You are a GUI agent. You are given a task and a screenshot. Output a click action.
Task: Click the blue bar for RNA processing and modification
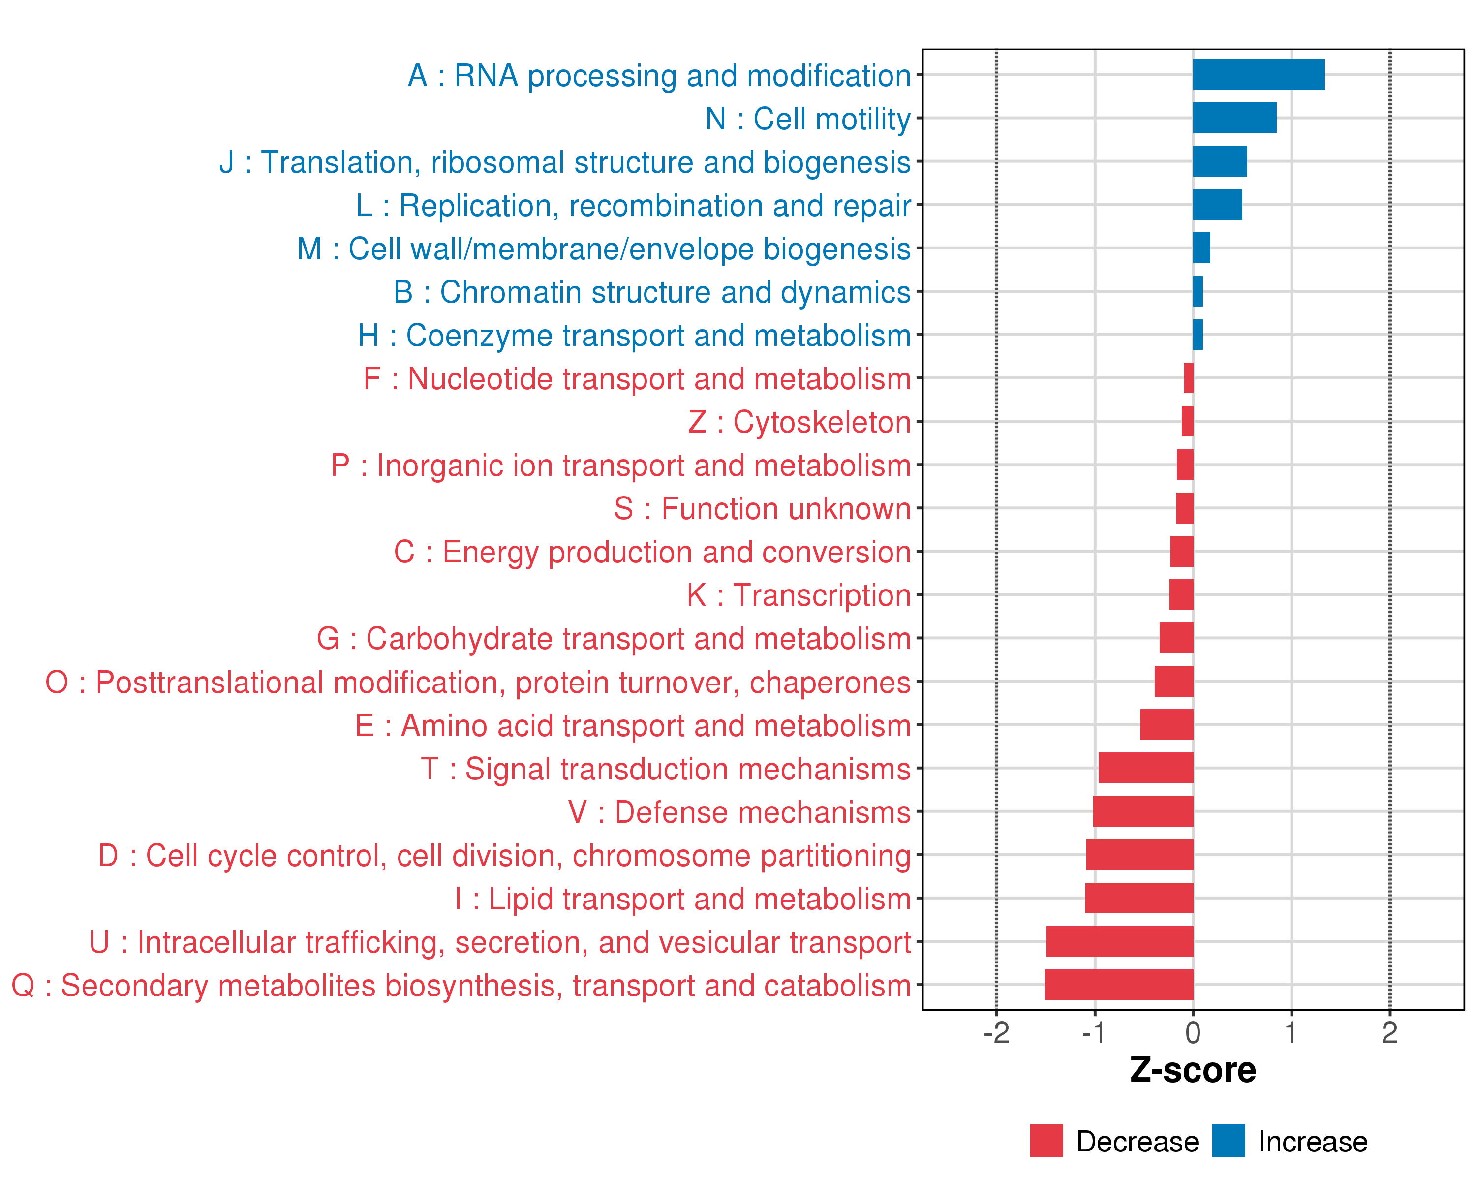click(x=1259, y=75)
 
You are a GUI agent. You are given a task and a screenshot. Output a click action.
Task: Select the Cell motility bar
click(x=1234, y=118)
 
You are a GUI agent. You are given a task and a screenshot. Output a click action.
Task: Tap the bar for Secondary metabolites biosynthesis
click(x=1119, y=985)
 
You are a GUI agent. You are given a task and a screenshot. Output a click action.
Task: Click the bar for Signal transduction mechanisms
click(x=1145, y=768)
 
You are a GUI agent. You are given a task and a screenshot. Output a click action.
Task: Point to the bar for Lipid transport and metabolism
click(x=1139, y=898)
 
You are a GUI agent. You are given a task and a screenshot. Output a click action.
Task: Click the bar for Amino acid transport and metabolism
click(x=1167, y=724)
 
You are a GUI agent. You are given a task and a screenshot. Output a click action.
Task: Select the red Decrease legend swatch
click(x=1046, y=1141)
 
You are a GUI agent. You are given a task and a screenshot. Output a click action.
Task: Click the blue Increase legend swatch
click(x=1228, y=1141)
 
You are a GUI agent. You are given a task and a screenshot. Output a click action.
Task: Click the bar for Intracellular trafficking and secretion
click(x=1119, y=941)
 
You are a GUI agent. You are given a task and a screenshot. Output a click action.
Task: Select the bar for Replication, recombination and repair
click(x=1217, y=205)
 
